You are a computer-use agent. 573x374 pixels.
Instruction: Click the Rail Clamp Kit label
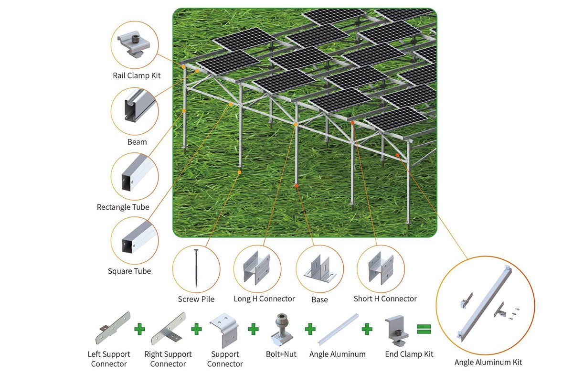point(137,75)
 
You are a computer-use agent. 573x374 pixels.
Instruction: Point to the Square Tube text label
point(129,271)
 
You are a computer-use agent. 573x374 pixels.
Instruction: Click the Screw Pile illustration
point(196,267)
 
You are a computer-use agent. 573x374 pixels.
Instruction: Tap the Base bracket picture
point(319,270)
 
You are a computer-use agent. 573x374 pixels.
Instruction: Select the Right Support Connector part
point(168,328)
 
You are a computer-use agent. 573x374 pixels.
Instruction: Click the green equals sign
point(424,329)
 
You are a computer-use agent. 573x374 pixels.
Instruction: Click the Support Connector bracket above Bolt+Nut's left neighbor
point(224,328)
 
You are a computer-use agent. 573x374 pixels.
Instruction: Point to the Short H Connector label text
point(385,299)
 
